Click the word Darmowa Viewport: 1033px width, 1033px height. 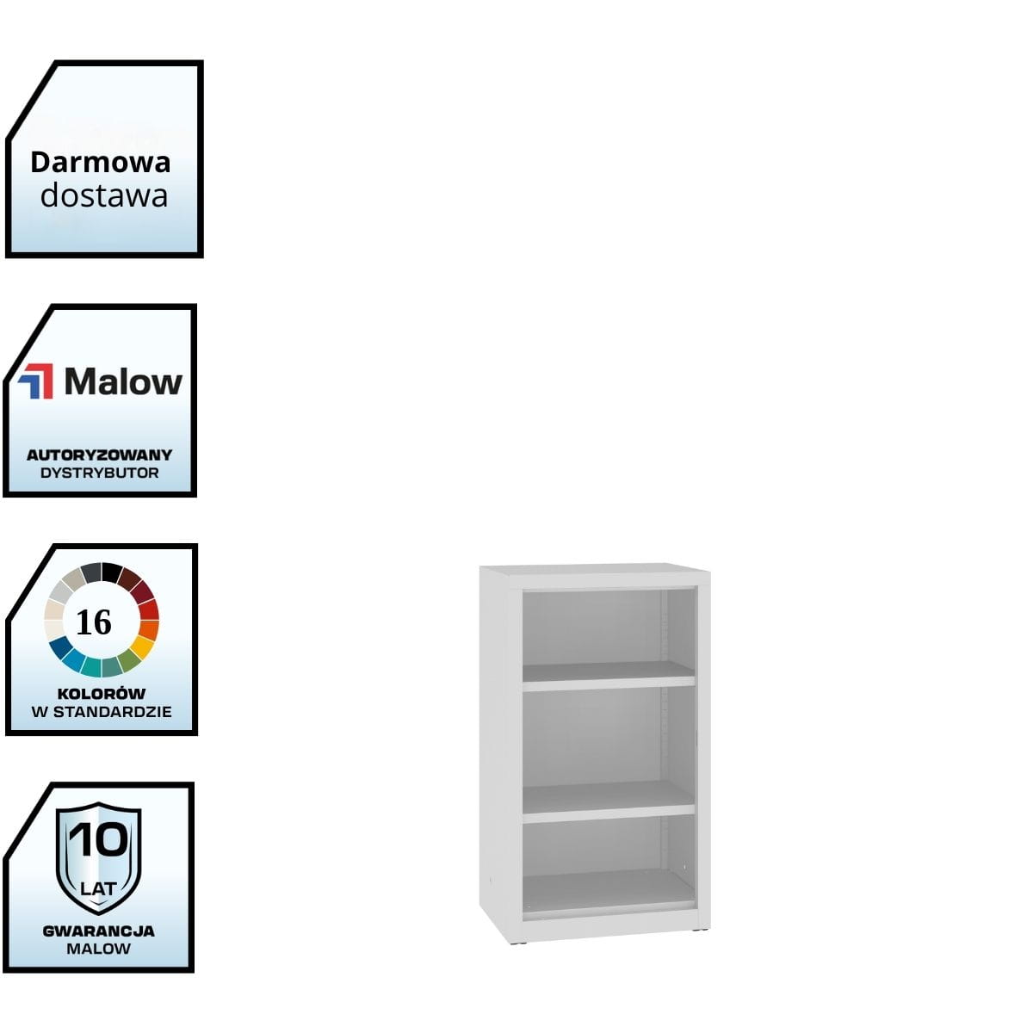coord(101,162)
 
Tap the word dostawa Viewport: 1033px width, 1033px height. coord(103,195)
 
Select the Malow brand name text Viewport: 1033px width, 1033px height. coord(123,381)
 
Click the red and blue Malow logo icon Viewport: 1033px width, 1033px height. coord(36,381)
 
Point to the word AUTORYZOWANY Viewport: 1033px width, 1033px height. coord(99,455)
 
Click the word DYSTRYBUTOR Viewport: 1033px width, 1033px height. coord(99,473)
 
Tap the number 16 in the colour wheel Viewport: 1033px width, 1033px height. coord(94,622)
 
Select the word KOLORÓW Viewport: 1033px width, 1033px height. coord(102,693)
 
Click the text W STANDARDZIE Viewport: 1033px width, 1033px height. coord(102,712)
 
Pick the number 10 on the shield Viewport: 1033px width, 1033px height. coord(99,839)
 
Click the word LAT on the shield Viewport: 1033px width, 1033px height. coord(98,888)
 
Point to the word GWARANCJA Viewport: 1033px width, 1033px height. coord(99,931)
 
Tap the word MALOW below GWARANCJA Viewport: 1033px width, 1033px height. coord(99,949)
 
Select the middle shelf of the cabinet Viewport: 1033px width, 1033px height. coord(608,801)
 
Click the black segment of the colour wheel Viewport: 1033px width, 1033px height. coord(112,572)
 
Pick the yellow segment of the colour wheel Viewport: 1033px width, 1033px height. coord(143,646)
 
